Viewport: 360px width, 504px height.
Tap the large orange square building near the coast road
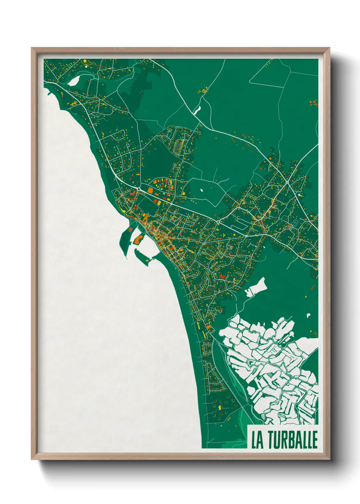click(150, 190)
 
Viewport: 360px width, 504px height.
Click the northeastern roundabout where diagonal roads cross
click(288, 183)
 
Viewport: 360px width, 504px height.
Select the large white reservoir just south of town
click(256, 287)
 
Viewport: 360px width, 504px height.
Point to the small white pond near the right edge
click(308, 315)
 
